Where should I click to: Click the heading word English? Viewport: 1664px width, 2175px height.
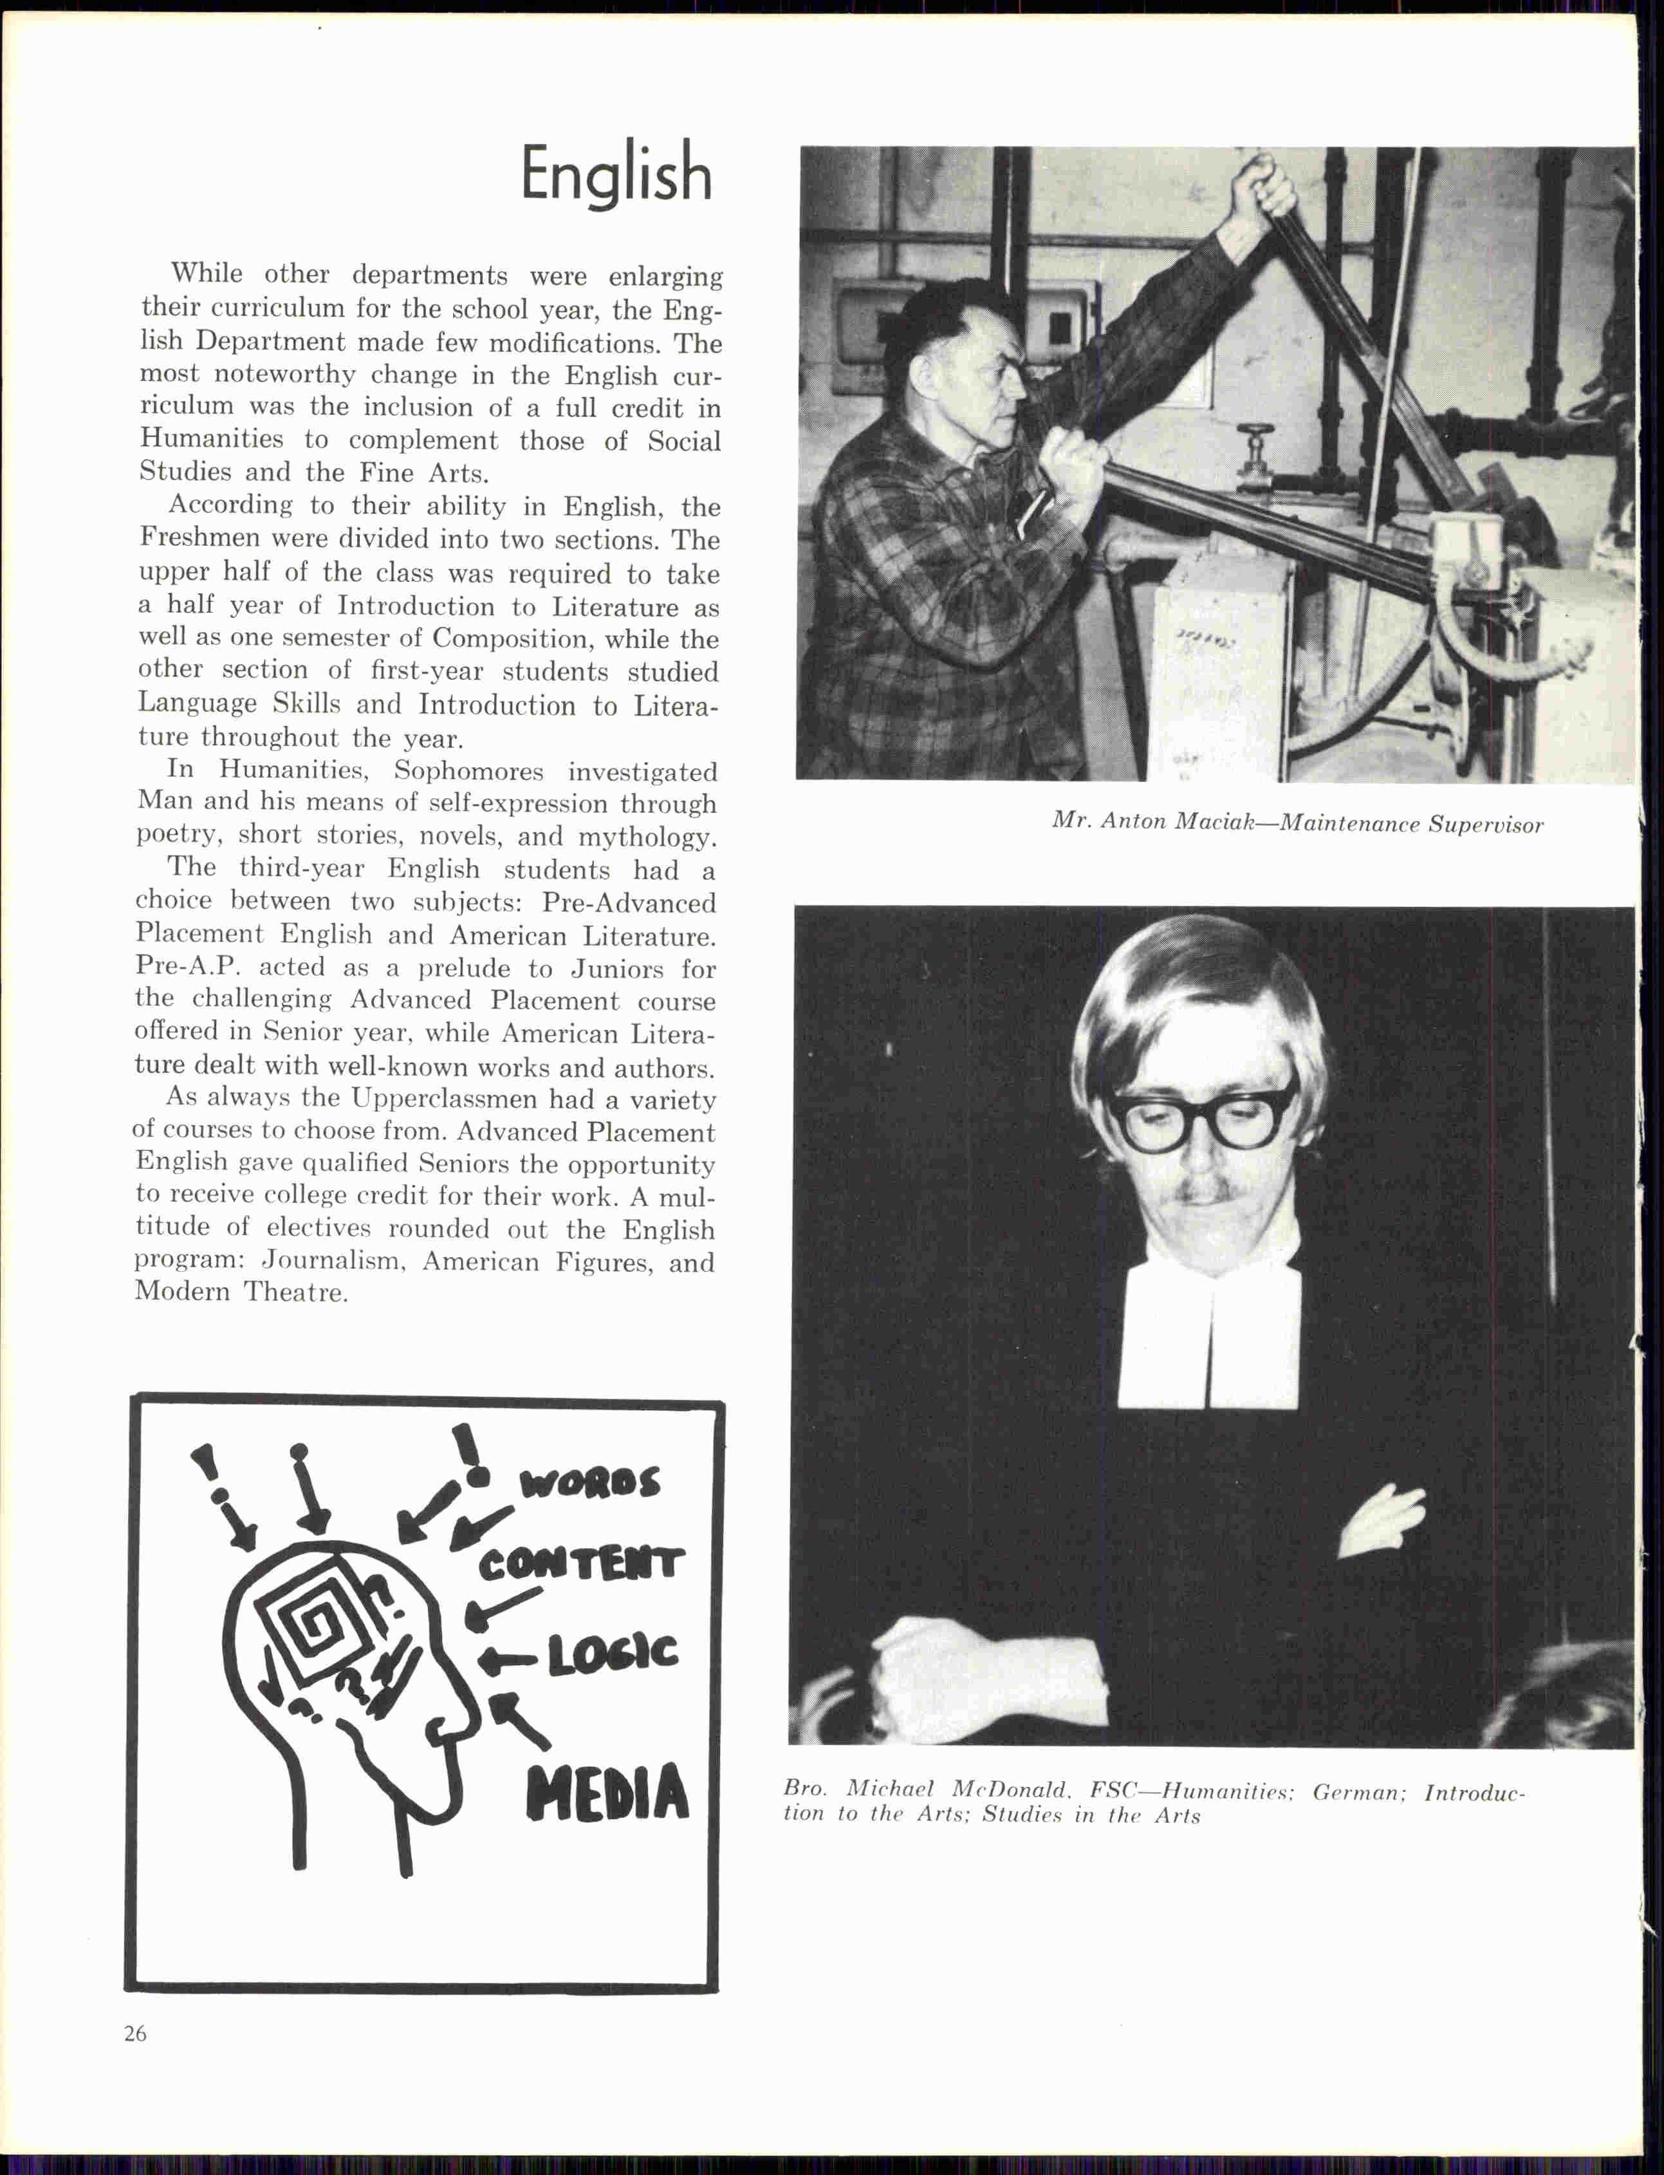tap(616, 175)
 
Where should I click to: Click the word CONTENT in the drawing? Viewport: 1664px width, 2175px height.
tap(582, 1565)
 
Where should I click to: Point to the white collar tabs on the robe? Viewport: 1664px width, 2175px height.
tap(1210, 1338)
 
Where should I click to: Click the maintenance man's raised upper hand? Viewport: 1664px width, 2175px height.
tap(1261, 185)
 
